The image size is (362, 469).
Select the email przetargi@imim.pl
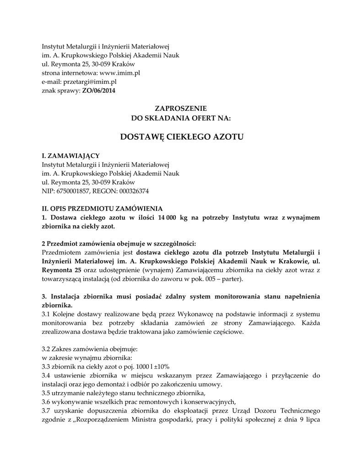(x=89, y=82)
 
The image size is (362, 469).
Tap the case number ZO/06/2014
(x=99, y=91)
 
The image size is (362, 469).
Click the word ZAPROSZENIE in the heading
(x=181, y=109)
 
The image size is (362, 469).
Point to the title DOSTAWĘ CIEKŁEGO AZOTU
(x=181, y=136)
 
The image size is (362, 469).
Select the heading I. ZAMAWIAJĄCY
(x=70, y=156)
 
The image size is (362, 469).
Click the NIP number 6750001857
(x=72, y=191)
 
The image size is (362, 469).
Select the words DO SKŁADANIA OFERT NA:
(x=181, y=118)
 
